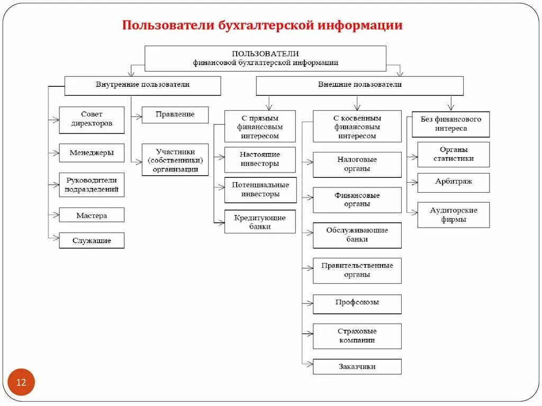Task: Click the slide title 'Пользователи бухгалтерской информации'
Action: (x=263, y=25)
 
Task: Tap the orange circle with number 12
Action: (x=21, y=382)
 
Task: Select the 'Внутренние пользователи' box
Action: (x=142, y=85)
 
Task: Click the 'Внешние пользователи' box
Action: (x=359, y=85)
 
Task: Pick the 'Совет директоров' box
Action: (x=92, y=120)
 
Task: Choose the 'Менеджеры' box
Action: (x=92, y=153)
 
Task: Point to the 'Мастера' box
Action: (x=92, y=215)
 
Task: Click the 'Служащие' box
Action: (x=92, y=241)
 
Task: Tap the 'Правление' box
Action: (x=175, y=114)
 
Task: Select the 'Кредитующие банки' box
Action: (x=260, y=222)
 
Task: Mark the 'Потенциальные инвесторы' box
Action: (x=260, y=190)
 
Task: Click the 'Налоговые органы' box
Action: (x=357, y=165)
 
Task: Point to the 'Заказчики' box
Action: (x=357, y=366)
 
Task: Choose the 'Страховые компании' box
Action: (x=357, y=336)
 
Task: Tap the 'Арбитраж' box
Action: (x=453, y=182)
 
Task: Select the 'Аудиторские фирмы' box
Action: (x=453, y=215)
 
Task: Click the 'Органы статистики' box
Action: (x=453, y=155)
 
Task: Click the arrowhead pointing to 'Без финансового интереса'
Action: (x=451, y=107)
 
